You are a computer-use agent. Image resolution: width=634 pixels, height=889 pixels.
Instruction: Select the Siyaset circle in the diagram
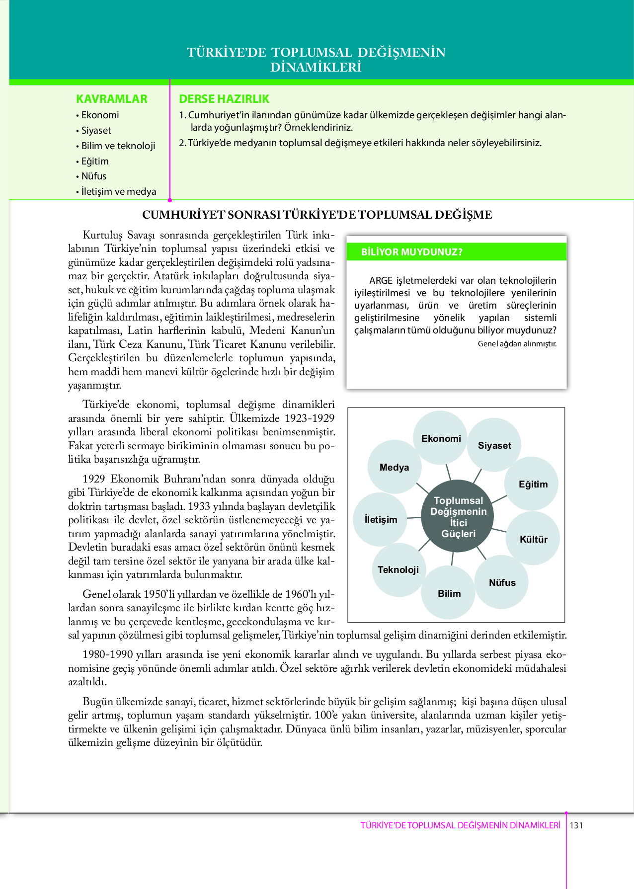[494, 445]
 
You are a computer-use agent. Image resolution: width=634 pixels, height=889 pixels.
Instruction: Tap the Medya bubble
[394, 467]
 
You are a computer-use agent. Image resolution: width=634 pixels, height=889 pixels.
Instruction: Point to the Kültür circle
[533, 539]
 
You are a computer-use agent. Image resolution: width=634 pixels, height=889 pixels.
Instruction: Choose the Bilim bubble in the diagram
[449, 593]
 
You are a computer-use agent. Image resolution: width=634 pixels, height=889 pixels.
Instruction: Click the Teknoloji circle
[398, 569]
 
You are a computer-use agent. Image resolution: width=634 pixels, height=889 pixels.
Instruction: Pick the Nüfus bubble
[502, 582]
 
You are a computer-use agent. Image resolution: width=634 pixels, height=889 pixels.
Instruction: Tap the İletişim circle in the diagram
[381, 519]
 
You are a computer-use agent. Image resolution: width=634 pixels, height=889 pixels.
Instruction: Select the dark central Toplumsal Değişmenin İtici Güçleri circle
[458, 517]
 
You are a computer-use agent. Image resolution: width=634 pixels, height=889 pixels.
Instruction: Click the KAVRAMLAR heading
[112, 99]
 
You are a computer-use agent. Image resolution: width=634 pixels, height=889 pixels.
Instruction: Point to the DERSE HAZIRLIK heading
[224, 99]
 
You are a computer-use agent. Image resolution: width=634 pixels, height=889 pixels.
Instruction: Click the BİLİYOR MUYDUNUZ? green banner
[457, 252]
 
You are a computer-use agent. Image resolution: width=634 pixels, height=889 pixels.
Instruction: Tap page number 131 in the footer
[576, 825]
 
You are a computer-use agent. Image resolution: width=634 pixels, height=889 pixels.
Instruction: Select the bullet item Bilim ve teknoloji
[118, 146]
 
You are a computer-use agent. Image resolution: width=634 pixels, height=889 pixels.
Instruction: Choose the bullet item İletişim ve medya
[119, 191]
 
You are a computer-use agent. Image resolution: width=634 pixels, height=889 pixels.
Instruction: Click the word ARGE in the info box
[381, 281]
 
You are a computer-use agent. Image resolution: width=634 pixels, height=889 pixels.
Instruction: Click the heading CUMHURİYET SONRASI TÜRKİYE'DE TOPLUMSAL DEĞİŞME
[317, 215]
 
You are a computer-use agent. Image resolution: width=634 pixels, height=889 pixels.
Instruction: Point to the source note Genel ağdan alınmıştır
[517, 343]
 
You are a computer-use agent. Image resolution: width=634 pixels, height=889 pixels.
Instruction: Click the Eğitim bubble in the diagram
[533, 484]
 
